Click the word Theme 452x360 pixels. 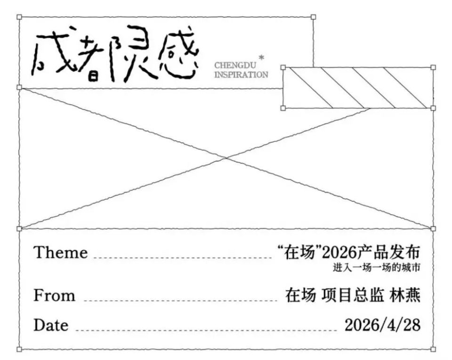61,253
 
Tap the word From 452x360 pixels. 54,295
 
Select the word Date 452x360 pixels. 51,325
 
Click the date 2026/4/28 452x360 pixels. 382,325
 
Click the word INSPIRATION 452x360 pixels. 241,75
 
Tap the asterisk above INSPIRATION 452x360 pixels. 261,57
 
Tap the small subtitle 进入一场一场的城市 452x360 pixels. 376,267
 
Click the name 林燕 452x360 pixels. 405,295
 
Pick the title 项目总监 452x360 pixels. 353,295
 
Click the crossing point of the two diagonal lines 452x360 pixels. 226,158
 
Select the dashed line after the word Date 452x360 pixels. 206,329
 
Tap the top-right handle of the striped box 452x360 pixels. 433,67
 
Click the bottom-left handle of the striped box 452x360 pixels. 283,108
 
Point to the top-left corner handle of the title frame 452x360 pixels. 19,17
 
